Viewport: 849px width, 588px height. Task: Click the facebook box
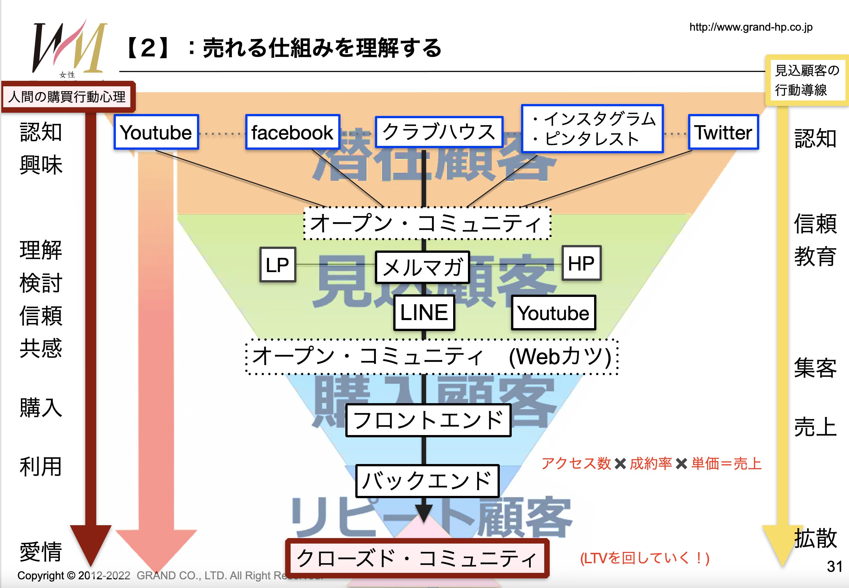293,132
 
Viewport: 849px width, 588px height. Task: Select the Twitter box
723,132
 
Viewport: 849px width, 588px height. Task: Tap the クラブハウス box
439,132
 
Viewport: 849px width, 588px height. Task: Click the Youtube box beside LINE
553,313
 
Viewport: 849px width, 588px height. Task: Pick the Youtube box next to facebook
156,132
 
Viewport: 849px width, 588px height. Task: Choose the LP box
278,264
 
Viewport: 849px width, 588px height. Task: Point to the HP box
581,263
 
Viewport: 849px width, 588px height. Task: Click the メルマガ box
422,267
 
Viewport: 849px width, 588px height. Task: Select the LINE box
424,312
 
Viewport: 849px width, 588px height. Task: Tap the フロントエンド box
428,420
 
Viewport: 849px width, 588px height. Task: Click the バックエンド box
427,481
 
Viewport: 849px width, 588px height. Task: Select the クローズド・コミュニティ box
417,558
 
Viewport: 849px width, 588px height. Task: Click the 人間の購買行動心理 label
67,97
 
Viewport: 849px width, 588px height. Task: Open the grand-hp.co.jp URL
751,27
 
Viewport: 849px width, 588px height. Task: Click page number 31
834,566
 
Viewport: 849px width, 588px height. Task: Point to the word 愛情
41,552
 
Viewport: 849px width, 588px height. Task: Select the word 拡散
816,538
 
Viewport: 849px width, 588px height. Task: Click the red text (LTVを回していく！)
645,558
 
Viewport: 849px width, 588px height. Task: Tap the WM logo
69,48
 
